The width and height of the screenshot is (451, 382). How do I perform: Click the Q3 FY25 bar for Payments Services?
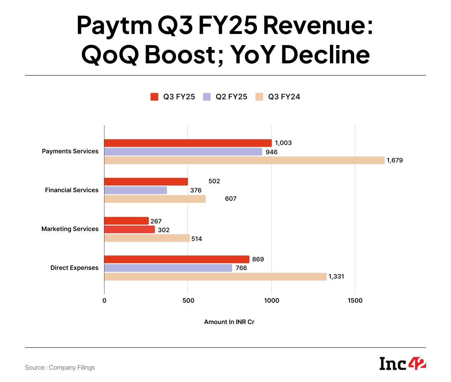188,143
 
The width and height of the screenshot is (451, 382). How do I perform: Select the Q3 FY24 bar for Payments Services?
244,160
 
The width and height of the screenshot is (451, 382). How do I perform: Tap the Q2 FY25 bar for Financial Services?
135,190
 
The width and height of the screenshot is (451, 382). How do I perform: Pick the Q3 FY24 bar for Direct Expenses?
215,277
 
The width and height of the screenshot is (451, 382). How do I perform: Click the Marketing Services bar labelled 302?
129,230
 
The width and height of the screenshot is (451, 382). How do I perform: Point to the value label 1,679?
395,160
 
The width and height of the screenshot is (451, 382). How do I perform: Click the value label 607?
230,199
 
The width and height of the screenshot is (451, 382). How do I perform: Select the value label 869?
258,259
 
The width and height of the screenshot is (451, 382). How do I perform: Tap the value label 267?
156,221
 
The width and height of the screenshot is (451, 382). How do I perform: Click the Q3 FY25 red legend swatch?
154,97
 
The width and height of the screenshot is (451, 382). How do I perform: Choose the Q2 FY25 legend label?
231,97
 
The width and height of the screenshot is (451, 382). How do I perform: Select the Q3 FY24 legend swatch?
259,97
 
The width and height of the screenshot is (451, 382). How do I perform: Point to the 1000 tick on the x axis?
271,300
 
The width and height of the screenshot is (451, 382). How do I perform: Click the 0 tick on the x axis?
104,300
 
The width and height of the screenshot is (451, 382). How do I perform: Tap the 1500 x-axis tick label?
355,300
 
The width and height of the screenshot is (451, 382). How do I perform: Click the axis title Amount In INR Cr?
229,322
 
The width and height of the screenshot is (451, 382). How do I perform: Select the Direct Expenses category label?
74,268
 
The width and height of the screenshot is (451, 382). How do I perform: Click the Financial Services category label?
72,190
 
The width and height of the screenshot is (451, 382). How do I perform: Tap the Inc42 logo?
402,363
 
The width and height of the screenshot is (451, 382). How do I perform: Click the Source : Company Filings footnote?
60,367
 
